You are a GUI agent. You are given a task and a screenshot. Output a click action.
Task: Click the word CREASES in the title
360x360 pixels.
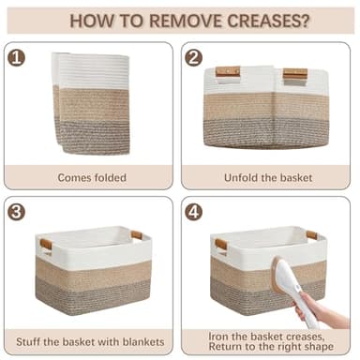click(263, 21)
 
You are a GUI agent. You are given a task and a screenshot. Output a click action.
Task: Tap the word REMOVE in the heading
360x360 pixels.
click(186, 21)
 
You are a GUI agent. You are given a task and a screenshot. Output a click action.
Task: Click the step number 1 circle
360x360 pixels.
click(16, 58)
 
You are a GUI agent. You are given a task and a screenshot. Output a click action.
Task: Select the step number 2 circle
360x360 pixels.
click(193, 58)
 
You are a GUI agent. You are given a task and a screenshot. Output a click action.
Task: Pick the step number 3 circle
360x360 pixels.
click(16, 212)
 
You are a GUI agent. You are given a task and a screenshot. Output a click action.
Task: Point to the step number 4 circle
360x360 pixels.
click(193, 212)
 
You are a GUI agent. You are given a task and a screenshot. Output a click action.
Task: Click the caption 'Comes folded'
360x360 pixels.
click(92, 178)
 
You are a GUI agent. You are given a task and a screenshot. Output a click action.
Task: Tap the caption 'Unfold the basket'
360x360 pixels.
click(268, 178)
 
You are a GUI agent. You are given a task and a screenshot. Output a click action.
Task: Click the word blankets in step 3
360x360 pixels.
click(143, 341)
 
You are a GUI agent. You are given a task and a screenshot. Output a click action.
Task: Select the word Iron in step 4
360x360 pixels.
click(218, 337)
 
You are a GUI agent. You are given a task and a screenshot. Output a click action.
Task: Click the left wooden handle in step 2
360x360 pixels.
click(228, 72)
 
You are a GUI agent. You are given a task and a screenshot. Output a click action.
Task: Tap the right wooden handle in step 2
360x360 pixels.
click(295, 74)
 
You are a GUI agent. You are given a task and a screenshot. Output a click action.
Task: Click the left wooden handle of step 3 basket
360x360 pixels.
click(46, 244)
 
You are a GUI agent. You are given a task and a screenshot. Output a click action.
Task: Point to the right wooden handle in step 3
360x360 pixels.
click(137, 235)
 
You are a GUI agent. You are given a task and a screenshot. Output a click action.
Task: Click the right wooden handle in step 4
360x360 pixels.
click(311, 235)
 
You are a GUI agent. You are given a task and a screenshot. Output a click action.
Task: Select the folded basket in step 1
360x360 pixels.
click(91, 103)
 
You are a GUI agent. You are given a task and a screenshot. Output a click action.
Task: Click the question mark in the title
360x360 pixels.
click(306, 21)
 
